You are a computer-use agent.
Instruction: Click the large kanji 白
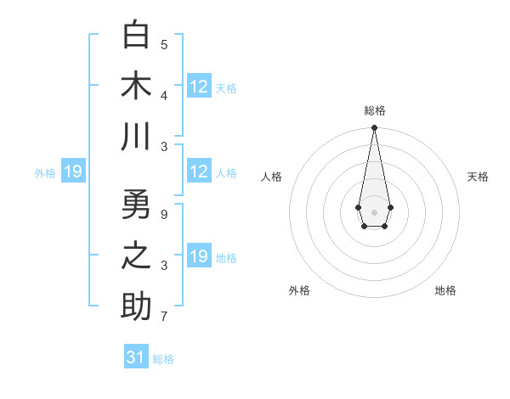[x=136, y=35]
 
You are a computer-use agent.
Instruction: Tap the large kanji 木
[x=136, y=86]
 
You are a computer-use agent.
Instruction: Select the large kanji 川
[x=136, y=137]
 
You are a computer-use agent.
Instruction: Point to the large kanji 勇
[x=136, y=205]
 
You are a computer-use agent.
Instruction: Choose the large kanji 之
[x=136, y=256]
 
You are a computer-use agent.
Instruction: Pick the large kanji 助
[x=136, y=306]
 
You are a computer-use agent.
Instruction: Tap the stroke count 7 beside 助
[x=164, y=318]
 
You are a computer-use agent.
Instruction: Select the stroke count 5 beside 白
[x=164, y=44]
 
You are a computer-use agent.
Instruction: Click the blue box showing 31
[x=136, y=357]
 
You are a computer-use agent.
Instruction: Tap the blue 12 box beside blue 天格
[x=199, y=87]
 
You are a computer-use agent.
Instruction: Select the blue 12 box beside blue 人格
[x=199, y=171]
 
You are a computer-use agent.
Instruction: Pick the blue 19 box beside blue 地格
[x=199, y=256]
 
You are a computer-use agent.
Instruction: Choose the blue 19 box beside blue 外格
[x=72, y=171]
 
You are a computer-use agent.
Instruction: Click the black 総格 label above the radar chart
[x=374, y=110]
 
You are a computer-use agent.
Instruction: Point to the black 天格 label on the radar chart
[x=478, y=177]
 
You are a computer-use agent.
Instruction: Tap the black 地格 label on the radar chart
[x=445, y=290]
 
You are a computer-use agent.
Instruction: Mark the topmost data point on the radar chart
[x=374, y=128]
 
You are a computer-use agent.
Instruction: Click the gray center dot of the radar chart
[x=374, y=211]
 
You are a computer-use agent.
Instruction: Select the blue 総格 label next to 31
[x=163, y=359]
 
